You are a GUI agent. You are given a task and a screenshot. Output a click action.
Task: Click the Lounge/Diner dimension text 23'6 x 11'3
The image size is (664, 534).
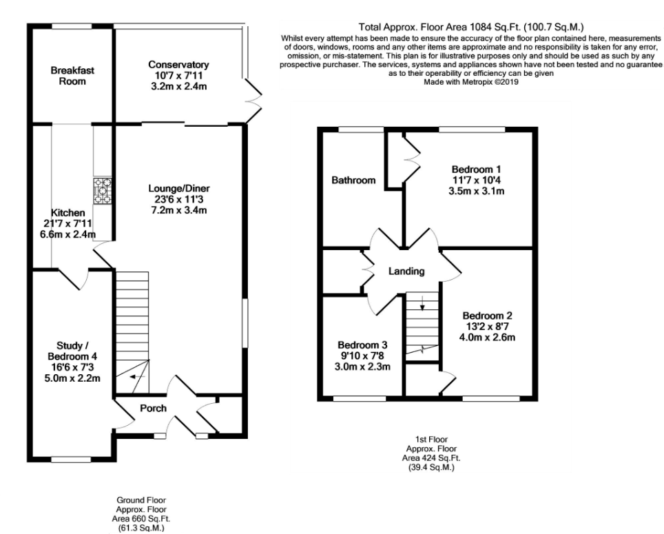[x=178, y=200]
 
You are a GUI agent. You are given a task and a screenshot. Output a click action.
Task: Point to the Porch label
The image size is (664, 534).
[x=153, y=408]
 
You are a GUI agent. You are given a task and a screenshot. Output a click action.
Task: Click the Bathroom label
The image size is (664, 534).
[x=353, y=181]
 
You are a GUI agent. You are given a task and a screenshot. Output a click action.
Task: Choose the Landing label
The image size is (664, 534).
[x=406, y=271]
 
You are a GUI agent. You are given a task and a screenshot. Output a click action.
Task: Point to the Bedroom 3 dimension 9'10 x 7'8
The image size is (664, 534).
[x=363, y=356]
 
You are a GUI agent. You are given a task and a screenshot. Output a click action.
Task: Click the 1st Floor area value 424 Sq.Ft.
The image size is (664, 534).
[x=430, y=458]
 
